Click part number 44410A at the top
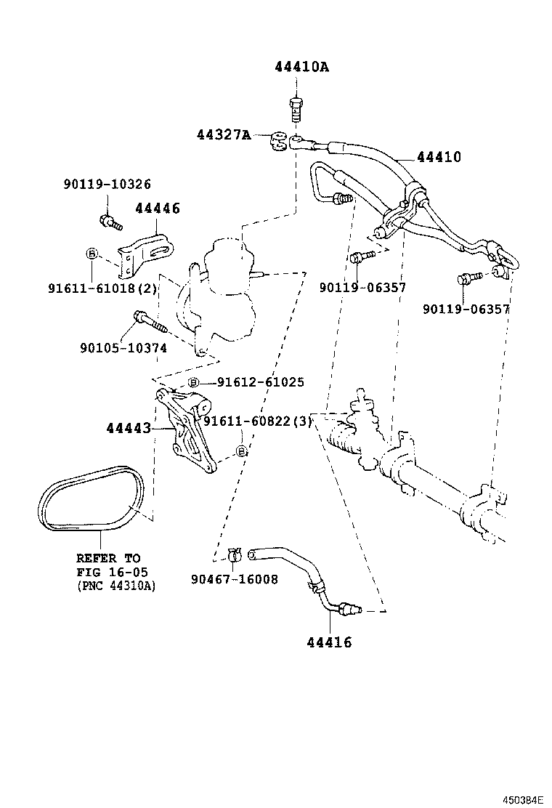[x=301, y=68]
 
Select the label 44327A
[x=223, y=134]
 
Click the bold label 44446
[x=158, y=209]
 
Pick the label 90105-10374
[x=123, y=348]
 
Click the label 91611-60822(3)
[x=257, y=421]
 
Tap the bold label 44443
[x=129, y=429]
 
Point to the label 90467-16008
[x=235, y=580]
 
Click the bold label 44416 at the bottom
[x=329, y=642]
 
